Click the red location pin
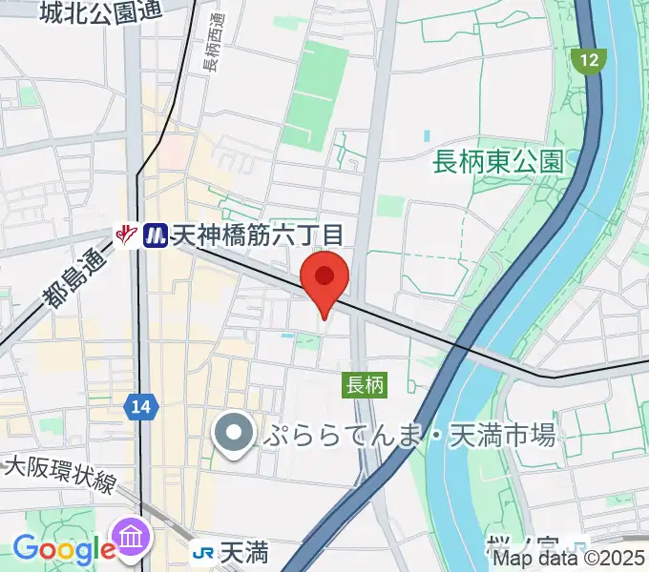click(x=324, y=278)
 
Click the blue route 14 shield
click(x=140, y=407)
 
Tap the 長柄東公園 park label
click(x=496, y=161)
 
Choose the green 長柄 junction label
click(x=364, y=385)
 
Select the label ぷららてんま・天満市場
click(x=411, y=436)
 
